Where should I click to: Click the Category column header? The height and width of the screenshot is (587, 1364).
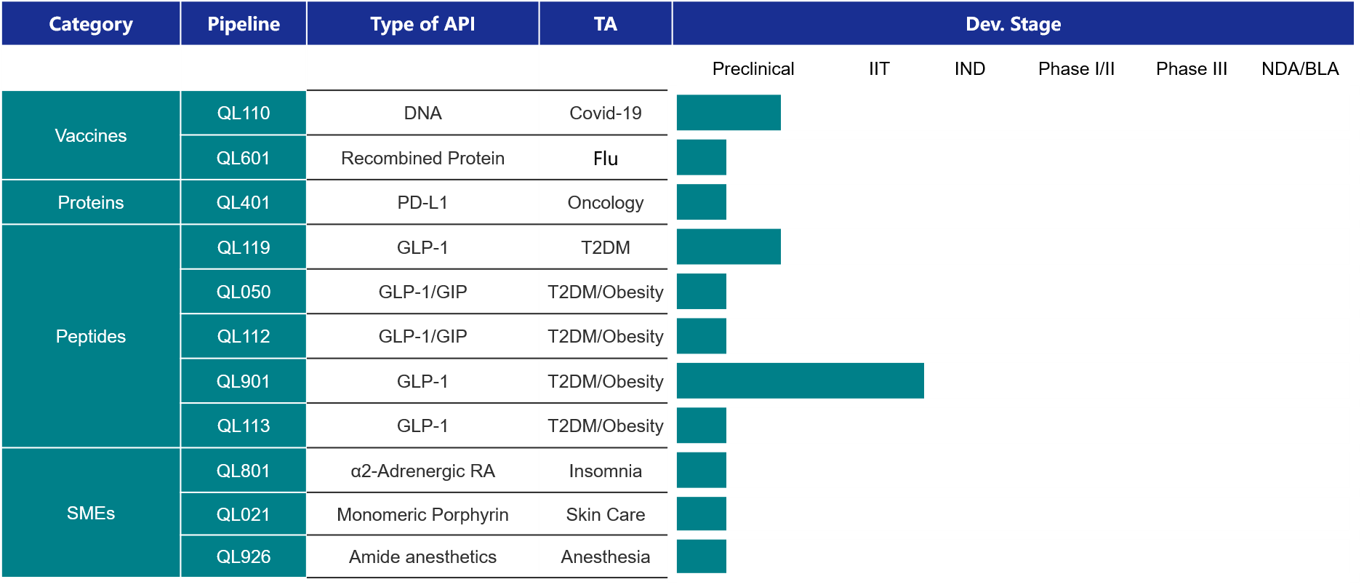point(91,24)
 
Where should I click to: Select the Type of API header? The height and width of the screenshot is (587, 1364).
point(422,24)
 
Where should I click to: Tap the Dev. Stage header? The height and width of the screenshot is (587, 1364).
point(1013,24)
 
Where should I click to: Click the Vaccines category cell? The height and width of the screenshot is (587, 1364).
point(91,135)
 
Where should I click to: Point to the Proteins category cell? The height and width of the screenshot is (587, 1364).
point(91,202)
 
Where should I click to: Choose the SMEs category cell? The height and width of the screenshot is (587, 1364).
point(91,513)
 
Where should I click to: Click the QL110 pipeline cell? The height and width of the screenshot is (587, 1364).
point(244,113)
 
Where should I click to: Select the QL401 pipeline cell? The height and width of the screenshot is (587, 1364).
point(244,202)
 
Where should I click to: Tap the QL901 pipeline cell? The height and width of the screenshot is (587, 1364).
point(244,381)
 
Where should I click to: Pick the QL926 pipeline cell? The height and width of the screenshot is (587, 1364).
point(244,556)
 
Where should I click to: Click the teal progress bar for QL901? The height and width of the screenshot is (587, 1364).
point(800,381)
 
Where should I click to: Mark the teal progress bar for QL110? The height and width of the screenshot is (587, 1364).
point(729,113)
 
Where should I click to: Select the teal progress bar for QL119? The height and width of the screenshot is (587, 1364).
point(729,247)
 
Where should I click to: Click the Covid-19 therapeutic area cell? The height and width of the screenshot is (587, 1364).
point(605,113)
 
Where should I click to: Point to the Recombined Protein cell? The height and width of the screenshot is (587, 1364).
point(422,158)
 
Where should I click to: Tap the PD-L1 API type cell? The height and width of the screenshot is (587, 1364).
point(422,202)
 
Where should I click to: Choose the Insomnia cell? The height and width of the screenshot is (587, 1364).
point(605,471)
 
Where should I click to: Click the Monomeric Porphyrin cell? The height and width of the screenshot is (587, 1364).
point(422,514)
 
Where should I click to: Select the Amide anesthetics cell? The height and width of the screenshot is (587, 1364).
point(422,556)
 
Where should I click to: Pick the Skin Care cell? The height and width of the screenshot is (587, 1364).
point(605,514)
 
